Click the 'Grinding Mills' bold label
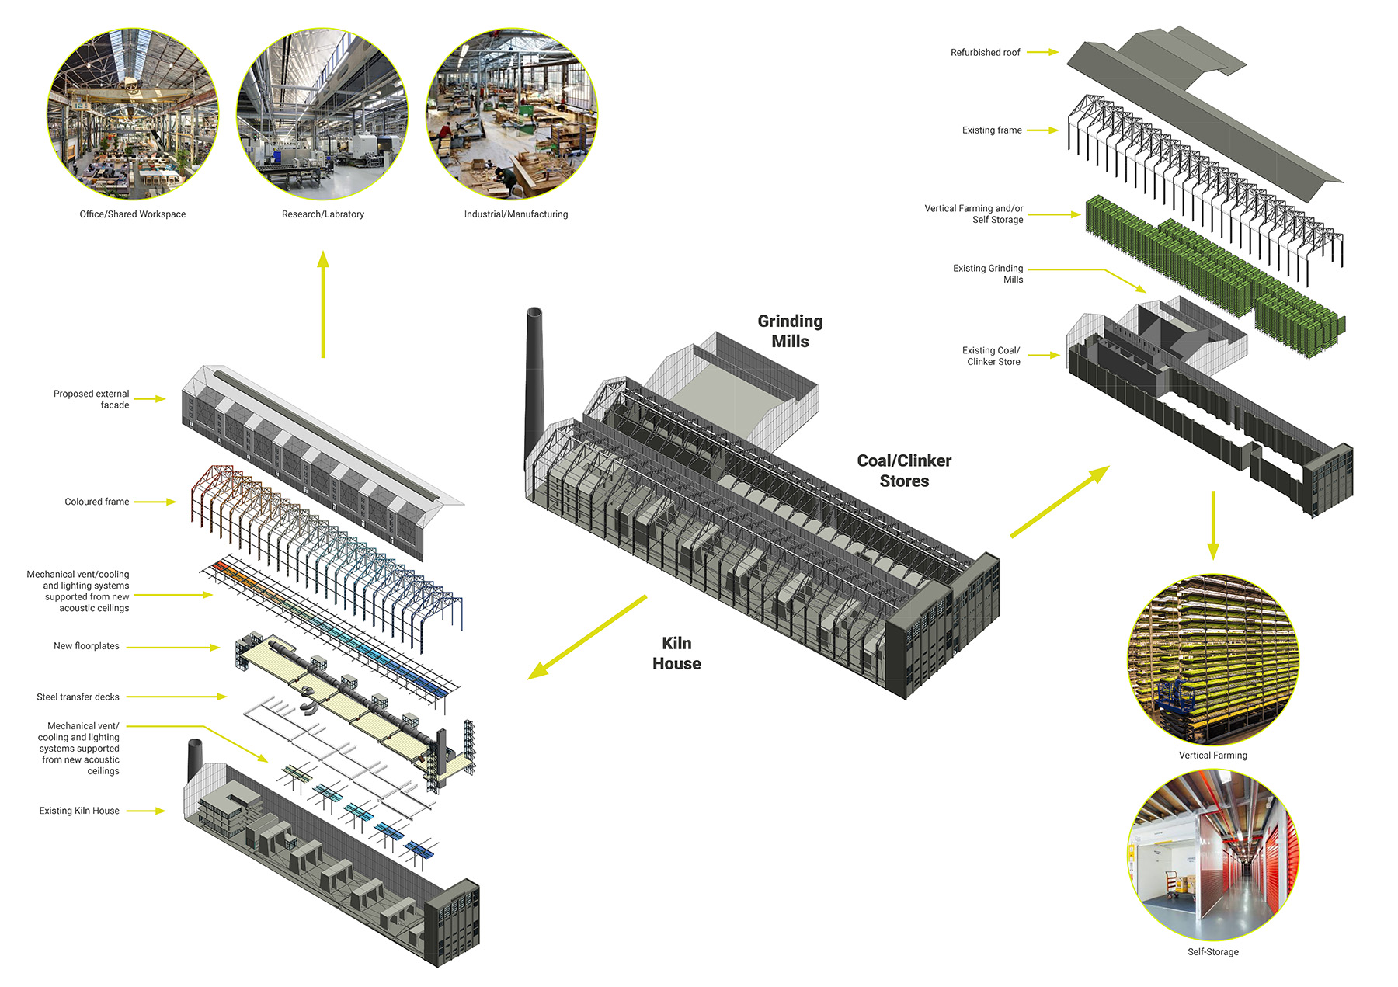pyautogui.click(x=790, y=332)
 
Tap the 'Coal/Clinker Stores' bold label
pyautogui.click(x=904, y=471)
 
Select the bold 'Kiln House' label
pyautogui.click(x=676, y=653)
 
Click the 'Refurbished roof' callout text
pyautogui.click(x=985, y=53)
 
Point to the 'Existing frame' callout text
pyautogui.click(x=992, y=130)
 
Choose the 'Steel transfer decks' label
pyautogui.click(x=78, y=697)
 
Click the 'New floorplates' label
pyautogui.click(x=86, y=646)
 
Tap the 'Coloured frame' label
pyautogui.click(x=97, y=502)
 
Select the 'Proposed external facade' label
pyautogui.click(x=92, y=399)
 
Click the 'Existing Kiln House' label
pyautogui.click(x=79, y=811)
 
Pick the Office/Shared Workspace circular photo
pyautogui.click(x=133, y=114)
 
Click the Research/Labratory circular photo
pyautogui.click(x=322, y=114)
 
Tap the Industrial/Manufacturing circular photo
pyautogui.click(x=512, y=114)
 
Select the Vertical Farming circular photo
pyautogui.click(x=1213, y=659)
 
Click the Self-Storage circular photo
pyautogui.click(x=1213, y=855)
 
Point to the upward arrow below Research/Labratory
pyautogui.click(x=323, y=303)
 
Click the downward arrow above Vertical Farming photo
pyautogui.click(x=1213, y=524)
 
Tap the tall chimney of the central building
pyautogui.click(x=534, y=381)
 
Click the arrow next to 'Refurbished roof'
pyautogui.click(x=1042, y=53)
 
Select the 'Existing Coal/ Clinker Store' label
pyautogui.click(x=993, y=356)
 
